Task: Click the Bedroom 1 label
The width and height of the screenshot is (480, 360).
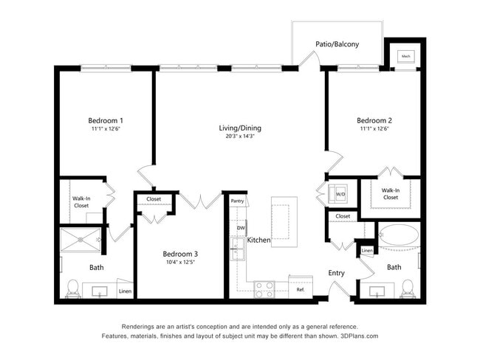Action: (x=106, y=120)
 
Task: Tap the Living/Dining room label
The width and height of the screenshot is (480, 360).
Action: (x=240, y=128)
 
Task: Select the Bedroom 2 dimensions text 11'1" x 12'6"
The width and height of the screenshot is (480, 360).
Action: (x=374, y=129)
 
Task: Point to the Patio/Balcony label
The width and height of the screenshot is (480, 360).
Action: (x=337, y=44)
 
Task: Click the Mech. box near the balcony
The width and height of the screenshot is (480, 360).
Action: (x=405, y=56)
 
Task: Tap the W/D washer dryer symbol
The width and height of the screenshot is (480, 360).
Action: (x=340, y=195)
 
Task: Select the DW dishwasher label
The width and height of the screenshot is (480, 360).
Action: (x=241, y=229)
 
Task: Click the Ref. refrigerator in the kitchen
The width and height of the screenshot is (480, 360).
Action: (x=301, y=289)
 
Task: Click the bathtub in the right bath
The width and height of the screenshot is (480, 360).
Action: (x=398, y=238)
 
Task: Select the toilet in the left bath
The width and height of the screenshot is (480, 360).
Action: (x=72, y=288)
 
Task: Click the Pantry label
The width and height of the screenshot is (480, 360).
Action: (x=237, y=201)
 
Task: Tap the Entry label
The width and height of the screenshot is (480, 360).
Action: (x=336, y=273)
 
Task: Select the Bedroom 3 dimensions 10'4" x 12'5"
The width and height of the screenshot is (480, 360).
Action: (x=180, y=263)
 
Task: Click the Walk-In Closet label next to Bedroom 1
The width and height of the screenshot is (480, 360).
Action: (x=80, y=201)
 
